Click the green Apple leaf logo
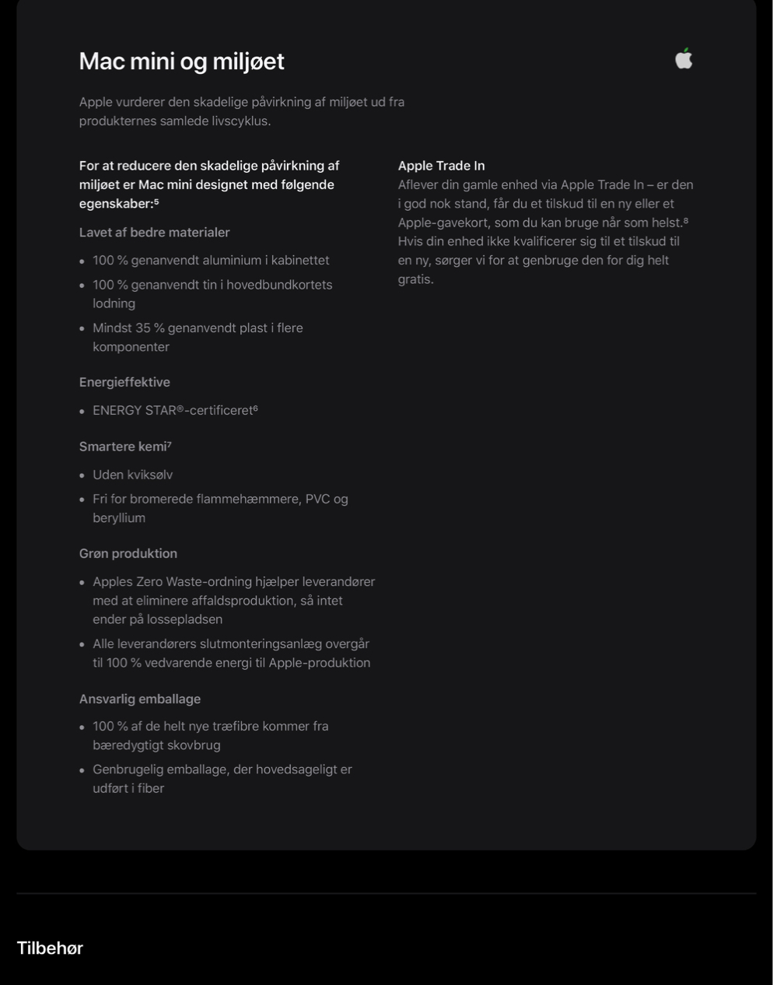[684, 58]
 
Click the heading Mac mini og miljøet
[181, 61]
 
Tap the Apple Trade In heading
[441, 166]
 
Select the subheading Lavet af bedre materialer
[154, 233]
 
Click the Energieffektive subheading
[124, 382]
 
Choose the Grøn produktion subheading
[128, 553]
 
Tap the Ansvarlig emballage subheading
[140, 699]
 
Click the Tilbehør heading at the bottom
[50, 948]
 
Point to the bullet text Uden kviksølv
[132, 475]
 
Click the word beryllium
[119, 518]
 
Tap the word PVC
[317, 499]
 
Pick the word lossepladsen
[184, 619]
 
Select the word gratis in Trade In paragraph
[415, 279]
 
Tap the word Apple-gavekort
[443, 223]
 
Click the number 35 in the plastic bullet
[143, 328]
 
